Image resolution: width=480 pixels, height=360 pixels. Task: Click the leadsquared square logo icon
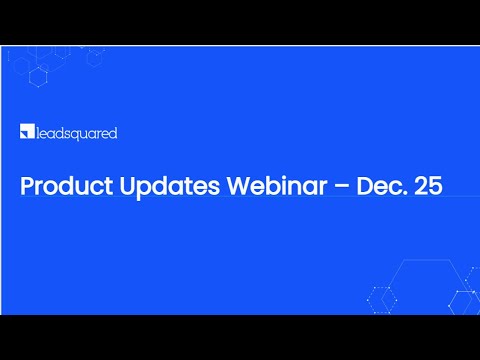tap(26, 132)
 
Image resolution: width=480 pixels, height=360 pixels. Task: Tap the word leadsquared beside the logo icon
tap(76, 132)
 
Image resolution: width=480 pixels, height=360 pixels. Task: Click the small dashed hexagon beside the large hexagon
tap(380, 297)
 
